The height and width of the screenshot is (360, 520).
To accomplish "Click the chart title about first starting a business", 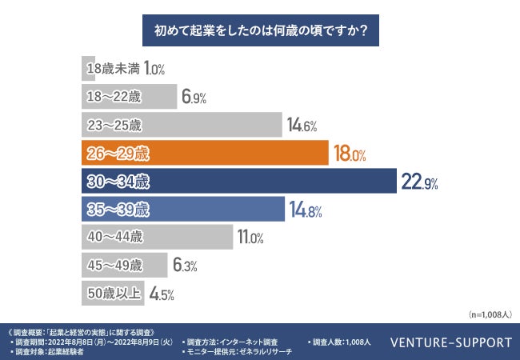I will coord(259,34).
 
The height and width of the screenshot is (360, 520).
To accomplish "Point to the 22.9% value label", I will coord(418,183).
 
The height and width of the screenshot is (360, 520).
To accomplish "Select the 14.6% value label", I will coord(303,126).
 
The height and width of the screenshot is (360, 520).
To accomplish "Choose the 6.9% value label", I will coord(194,98).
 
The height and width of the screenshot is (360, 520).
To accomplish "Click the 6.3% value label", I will coord(186,266).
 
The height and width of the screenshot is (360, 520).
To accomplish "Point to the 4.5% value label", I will coord(162,294).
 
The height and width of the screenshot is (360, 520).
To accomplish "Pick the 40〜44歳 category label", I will coord(114,237).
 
